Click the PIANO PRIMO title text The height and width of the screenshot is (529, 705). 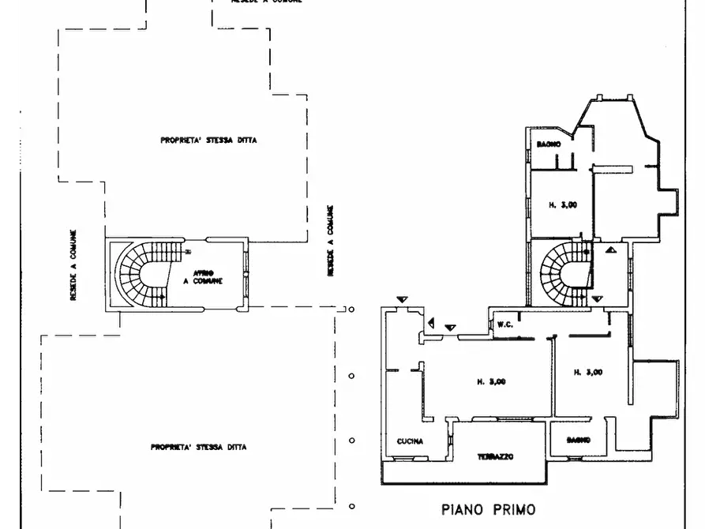click(487, 509)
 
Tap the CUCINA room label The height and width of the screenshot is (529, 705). click(411, 442)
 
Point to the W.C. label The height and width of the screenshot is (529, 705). click(505, 324)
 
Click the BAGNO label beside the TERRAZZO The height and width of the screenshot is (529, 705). click(579, 441)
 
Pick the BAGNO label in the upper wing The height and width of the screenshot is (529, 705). click(549, 144)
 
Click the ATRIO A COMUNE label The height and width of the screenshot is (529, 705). click(203, 277)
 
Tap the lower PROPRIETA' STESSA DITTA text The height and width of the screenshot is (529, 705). click(197, 447)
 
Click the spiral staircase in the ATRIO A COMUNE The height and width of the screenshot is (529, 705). click(142, 274)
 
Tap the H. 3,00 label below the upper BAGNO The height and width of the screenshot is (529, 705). click(563, 205)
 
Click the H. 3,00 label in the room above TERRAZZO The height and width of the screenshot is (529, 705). click(490, 381)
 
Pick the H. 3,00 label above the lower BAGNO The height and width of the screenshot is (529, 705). click(588, 372)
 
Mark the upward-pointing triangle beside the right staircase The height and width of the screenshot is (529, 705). click(613, 249)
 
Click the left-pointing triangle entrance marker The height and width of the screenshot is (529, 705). click(431, 322)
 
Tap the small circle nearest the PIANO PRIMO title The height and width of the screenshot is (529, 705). click(352, 506)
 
